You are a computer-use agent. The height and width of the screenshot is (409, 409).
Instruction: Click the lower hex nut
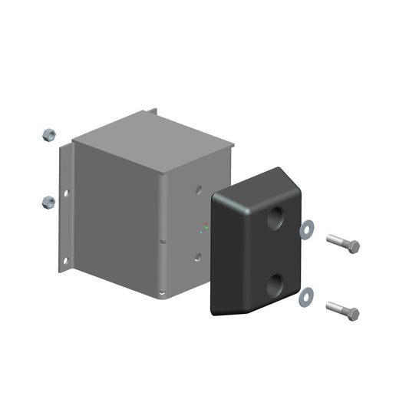[47, 203]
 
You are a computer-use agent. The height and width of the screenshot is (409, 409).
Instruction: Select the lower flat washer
[307, 295]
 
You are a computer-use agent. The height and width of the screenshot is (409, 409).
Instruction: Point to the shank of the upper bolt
[336, 241]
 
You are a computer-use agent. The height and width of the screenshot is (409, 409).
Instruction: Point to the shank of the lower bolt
[336, 308]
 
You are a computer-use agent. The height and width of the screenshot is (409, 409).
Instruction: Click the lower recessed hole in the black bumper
[275, 289]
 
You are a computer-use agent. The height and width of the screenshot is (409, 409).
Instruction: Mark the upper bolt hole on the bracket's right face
[199, 188]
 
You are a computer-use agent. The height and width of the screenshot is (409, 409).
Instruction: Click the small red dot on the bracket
[206, 223]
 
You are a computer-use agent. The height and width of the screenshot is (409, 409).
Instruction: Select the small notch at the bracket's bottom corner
[162, 292]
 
